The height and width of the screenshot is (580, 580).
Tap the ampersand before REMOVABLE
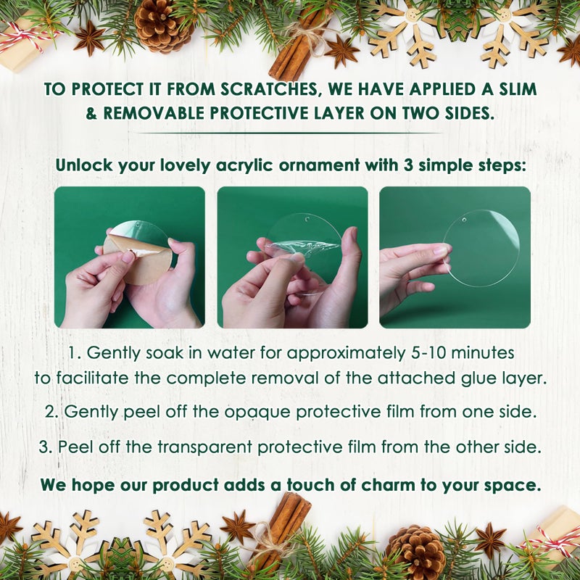[91, 114]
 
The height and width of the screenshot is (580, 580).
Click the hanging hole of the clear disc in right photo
[464, 220]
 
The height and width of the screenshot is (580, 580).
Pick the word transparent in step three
[204, 447]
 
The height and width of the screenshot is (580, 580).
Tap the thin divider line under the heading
[289, 133]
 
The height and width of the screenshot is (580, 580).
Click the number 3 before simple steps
[408, 165]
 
